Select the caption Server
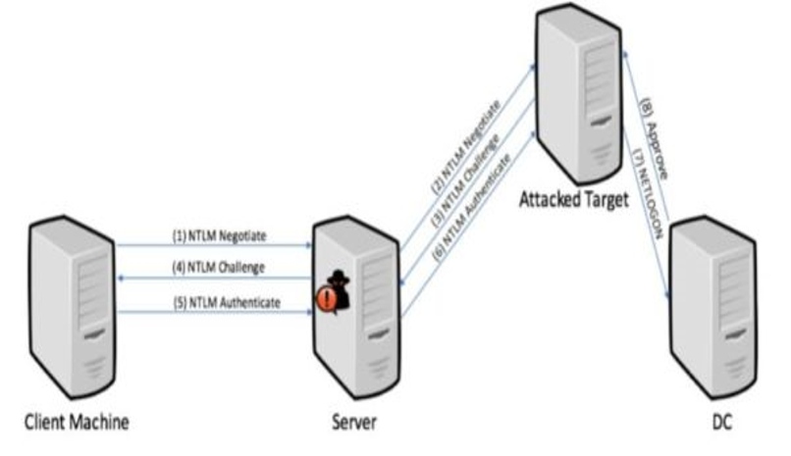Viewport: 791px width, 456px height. [x=354, y=423]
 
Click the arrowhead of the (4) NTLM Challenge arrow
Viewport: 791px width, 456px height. [x=120, y=279]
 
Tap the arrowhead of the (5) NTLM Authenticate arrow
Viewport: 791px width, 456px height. [x=307, y=313]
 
